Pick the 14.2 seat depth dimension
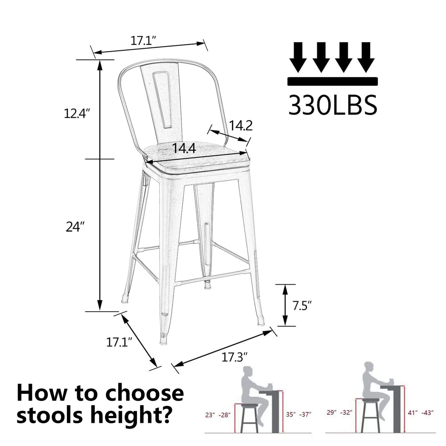point(241,126)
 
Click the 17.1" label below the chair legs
point(119,342)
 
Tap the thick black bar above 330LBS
point(332,81)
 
